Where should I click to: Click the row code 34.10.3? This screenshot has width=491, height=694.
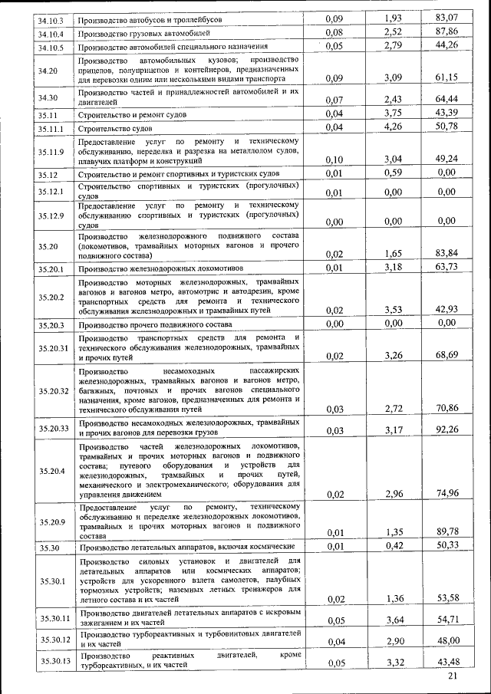coord(51,18)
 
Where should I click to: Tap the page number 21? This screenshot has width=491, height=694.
coord(452,677)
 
